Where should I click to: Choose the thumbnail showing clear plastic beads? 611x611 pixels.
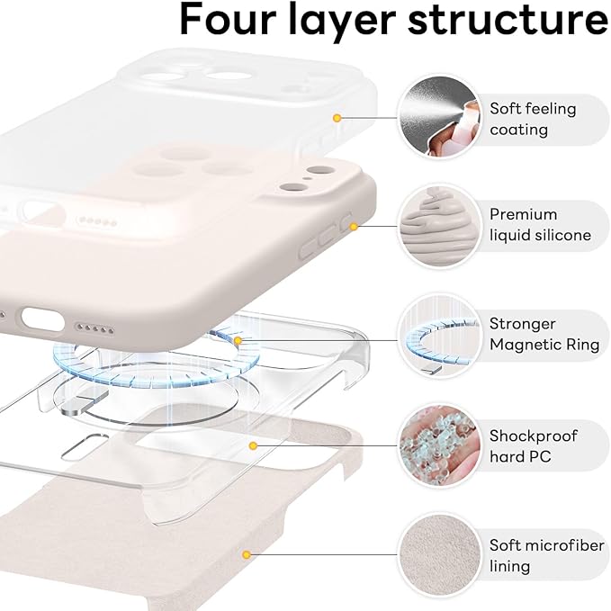[439, 445]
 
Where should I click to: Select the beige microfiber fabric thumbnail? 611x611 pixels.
[439, 555]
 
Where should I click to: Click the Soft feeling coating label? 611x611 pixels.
[533, 119]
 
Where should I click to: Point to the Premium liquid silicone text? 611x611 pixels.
[540, 225]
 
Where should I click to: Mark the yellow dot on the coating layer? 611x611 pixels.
[337, 118]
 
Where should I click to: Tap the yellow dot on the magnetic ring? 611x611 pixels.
[238, 341]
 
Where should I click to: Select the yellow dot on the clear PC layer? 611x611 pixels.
[255, 445]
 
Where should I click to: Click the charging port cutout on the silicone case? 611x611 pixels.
[44, 319]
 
